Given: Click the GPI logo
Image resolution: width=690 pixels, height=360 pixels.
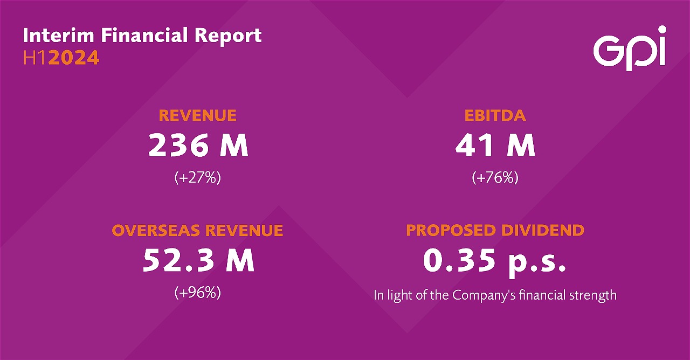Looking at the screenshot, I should (x=629, y=49).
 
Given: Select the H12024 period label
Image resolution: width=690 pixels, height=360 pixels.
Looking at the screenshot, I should (x=61, y=58).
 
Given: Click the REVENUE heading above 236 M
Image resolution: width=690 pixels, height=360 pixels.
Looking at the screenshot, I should (x=197, y=115).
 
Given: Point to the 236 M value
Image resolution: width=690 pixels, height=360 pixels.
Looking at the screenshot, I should (x=198, y=146).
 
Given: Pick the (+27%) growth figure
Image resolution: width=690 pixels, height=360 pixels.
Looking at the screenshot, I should (x=198, y=178).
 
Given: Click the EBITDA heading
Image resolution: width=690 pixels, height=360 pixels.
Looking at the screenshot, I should (x=495, y=115).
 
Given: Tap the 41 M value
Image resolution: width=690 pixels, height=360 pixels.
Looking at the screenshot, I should (x=495, y=146).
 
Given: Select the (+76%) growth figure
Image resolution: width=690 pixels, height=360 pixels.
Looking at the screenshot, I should (x=495, y=178).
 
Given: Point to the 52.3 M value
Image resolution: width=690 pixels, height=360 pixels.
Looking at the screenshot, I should (x=198, y=261).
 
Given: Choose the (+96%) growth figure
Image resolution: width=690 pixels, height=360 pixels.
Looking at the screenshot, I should (x=198, y=293).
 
